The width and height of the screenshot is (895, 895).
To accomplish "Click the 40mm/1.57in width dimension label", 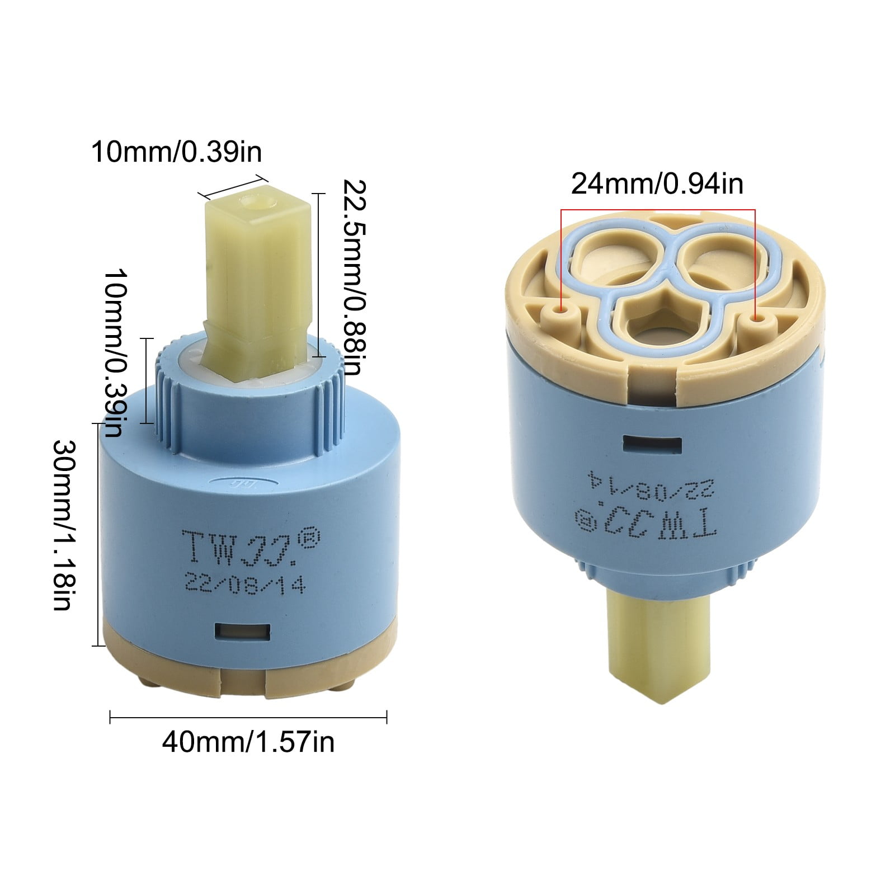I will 248,742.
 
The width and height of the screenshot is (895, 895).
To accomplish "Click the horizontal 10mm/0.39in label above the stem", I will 176,152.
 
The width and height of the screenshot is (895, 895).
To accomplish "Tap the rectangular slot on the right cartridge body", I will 652,445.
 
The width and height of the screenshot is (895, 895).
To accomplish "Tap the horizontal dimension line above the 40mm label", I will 248,717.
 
